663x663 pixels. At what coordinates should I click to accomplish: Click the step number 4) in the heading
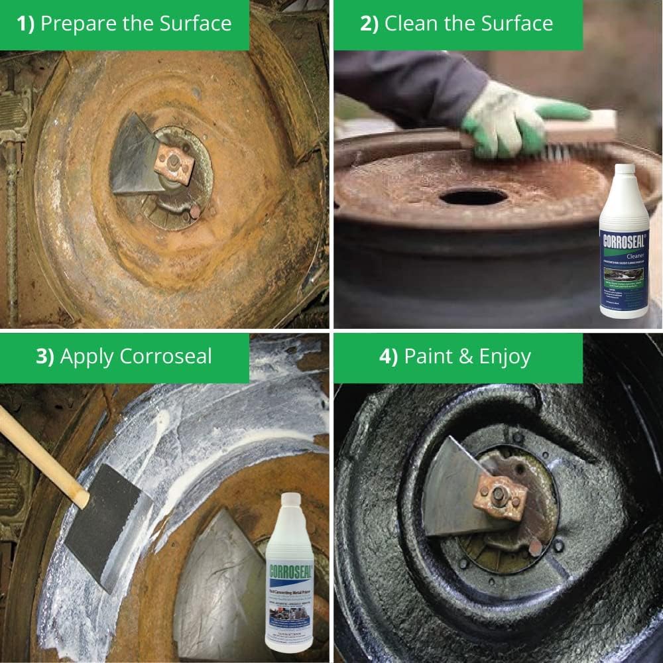click(x=389, y=357)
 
